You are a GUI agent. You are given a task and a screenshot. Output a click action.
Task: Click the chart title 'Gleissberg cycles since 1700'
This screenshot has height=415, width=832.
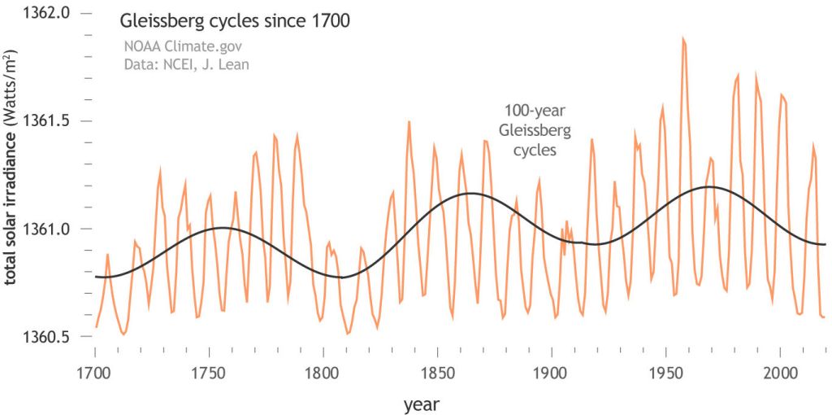(x=235, y=21)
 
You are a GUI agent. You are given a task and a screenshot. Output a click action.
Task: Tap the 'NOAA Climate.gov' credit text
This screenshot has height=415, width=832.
(x=176, y=46)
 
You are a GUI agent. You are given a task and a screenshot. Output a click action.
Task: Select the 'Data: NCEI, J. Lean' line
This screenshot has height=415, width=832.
(x=186, y=64)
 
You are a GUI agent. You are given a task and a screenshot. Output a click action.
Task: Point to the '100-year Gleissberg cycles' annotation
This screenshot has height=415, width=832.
(x=534, y=129)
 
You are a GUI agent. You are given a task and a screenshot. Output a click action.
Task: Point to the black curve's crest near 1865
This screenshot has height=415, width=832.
(x=470, y=193)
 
